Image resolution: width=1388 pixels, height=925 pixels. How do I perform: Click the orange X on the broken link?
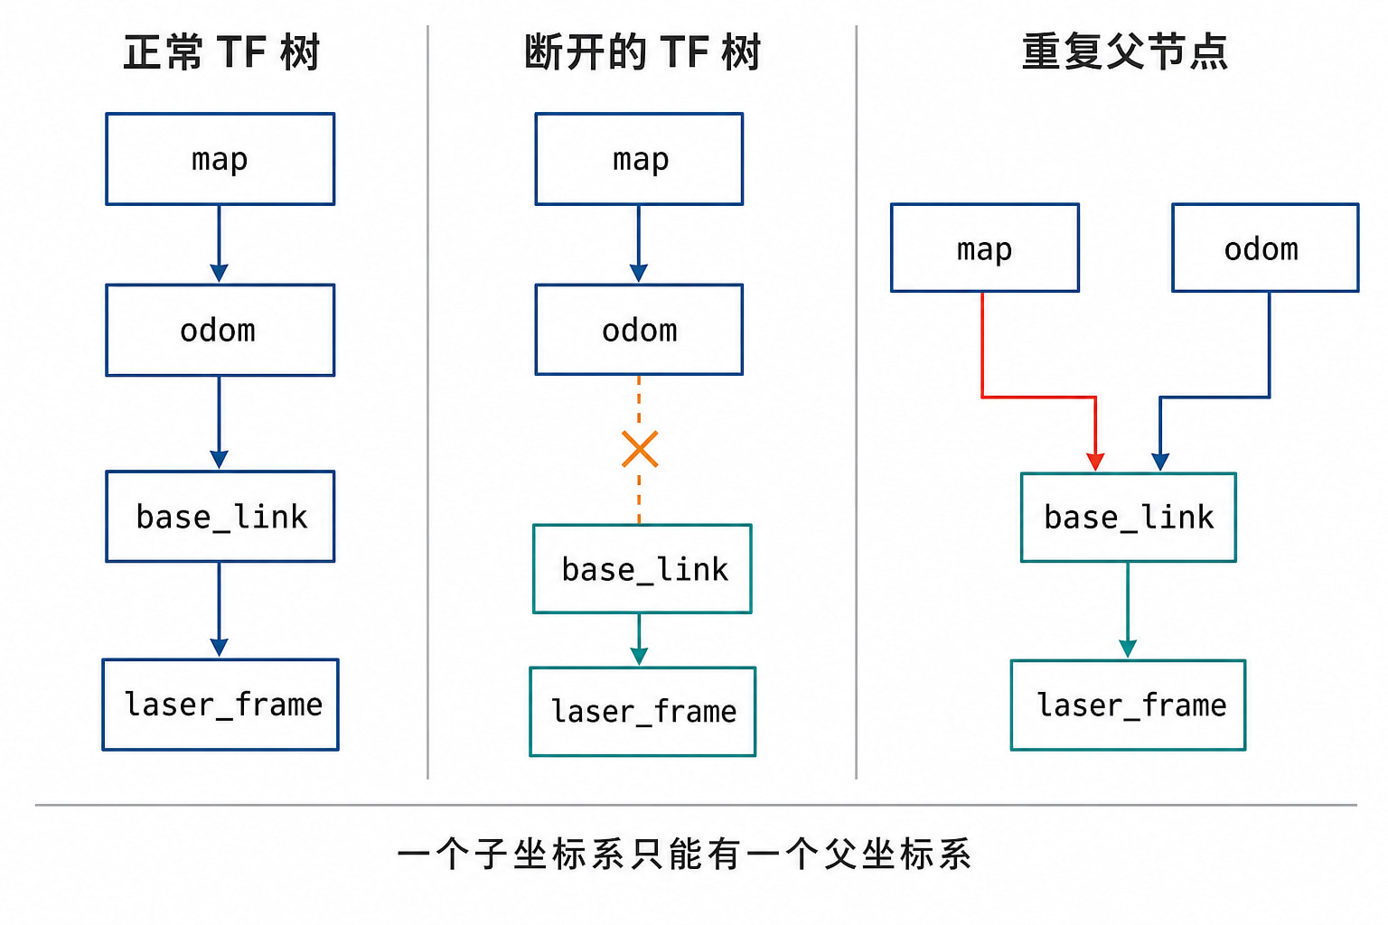(640, 449)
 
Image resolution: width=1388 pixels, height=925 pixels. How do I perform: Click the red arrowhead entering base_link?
(1095, 462)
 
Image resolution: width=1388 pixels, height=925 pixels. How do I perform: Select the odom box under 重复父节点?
(1265, 248)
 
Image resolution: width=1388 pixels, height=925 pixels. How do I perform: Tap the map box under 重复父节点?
(985, 248)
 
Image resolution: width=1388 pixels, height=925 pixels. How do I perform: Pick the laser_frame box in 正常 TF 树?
(220, 705)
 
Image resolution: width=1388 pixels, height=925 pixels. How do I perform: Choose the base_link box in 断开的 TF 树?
(642, 569)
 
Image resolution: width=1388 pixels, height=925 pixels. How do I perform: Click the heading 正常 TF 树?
(221, 52)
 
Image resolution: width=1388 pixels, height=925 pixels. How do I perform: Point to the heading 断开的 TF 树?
(642, 52)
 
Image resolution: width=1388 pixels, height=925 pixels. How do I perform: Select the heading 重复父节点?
(1125, 52)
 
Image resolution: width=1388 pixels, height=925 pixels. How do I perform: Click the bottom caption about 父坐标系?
(684, 855)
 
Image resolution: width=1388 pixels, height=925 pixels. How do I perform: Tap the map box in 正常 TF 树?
(220, 159)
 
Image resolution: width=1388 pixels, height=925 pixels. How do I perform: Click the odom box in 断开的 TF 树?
(639, 330)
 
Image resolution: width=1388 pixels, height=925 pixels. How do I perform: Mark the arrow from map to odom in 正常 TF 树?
(219, 244)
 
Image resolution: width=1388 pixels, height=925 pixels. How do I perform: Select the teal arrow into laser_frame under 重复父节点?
(1128, 611)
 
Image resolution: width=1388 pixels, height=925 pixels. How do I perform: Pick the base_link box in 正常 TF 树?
(220, 517)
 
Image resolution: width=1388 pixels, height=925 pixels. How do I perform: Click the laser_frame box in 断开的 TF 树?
(642, 712)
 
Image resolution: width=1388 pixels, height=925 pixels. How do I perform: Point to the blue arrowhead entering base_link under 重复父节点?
(1160, 462)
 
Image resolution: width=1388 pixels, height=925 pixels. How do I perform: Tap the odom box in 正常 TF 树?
(220, 330)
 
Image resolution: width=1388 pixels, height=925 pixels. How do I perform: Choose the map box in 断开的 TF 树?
(639, 159)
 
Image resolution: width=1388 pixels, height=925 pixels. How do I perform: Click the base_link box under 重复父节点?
(1129, 518)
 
